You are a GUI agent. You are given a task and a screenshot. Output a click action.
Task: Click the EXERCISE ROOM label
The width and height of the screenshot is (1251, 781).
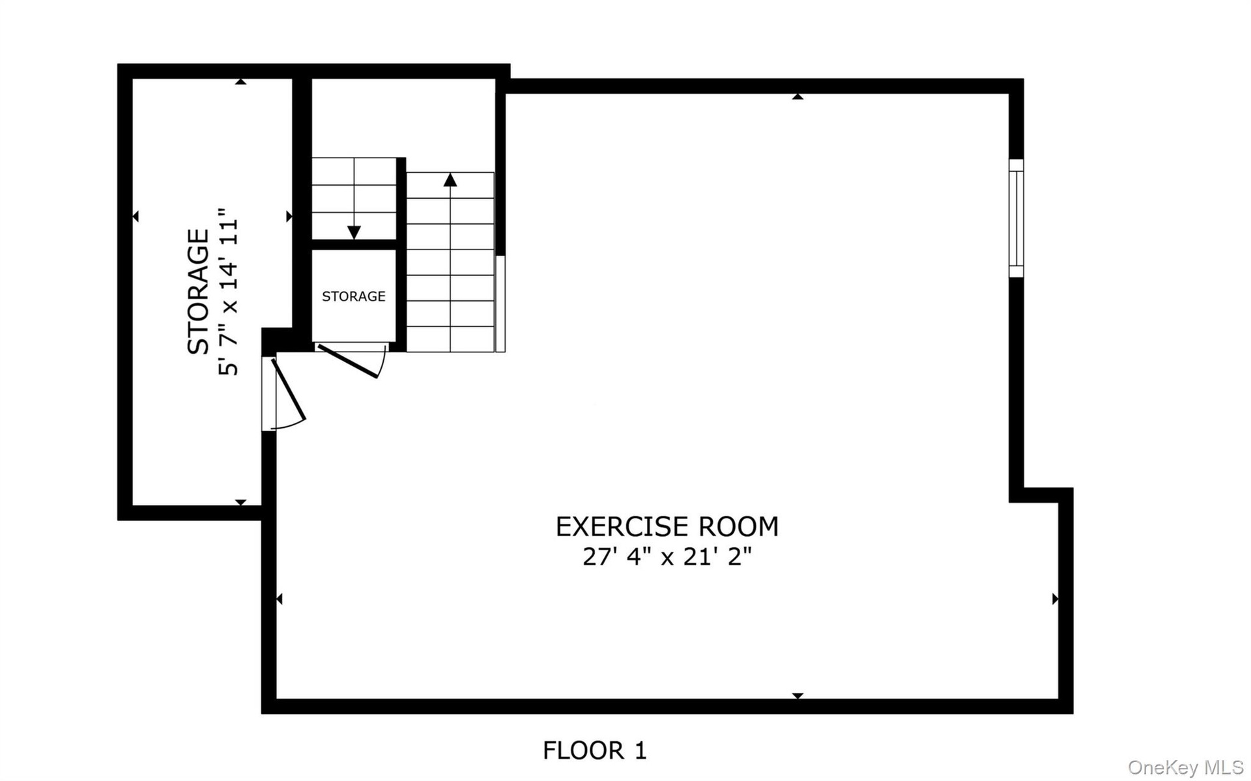click(x=667, y=526)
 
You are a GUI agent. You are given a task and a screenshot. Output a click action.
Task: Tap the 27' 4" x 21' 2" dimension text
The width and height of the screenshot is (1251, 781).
click(x=667, y=557)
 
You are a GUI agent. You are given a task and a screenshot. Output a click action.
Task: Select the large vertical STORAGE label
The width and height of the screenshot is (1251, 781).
click(x=198, y=291)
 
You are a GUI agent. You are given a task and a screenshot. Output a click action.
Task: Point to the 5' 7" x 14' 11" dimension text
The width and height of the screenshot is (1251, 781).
click(x=229, y=292)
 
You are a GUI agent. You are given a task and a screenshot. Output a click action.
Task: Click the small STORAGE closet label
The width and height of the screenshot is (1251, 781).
click(x=354, y=296)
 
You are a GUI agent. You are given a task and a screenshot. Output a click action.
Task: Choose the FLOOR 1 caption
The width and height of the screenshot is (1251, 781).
click(x=595, y=750)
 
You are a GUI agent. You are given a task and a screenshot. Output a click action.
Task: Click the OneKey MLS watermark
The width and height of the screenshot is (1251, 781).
click(x=1186, y=767)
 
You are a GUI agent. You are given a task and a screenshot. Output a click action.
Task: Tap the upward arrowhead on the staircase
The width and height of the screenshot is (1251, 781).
click(x=450, y=179)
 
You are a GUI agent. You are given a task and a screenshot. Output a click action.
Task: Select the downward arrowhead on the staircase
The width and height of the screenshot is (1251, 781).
click(x=354, y=232)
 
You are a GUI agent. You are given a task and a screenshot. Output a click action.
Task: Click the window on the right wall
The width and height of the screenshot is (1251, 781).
click(x=1016, y=218)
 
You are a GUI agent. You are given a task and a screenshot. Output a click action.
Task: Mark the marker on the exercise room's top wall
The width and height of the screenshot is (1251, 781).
click(x=798, y=96)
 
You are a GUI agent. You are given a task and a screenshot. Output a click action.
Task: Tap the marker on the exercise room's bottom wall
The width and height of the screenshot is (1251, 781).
click(x=798, y=696)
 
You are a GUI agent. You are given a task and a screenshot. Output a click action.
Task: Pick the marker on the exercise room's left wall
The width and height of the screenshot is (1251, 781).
click(x=280, y=599)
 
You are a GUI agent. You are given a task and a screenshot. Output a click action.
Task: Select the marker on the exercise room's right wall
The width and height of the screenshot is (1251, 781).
click(x=1056, y=599)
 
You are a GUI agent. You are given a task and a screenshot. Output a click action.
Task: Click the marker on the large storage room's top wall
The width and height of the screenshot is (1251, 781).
click(x=241, y=81)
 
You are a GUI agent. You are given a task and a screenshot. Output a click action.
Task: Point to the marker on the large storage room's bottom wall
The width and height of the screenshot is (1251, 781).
click(x=240, y=502)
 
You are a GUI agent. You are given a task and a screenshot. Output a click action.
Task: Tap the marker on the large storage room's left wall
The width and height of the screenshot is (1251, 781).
click(x=136, y=216)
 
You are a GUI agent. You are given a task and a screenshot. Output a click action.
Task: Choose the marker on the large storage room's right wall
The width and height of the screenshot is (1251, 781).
click(x=289, y=216)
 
